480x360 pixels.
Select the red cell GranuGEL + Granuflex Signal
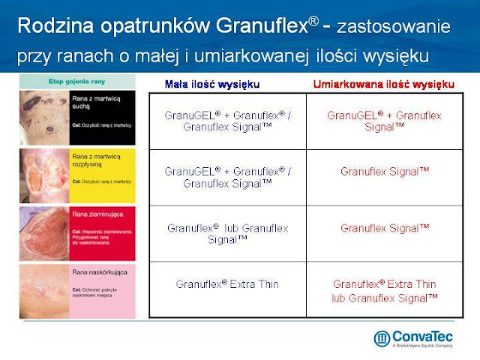[385, 121]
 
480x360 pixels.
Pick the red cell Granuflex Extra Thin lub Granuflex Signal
[385, 291]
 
